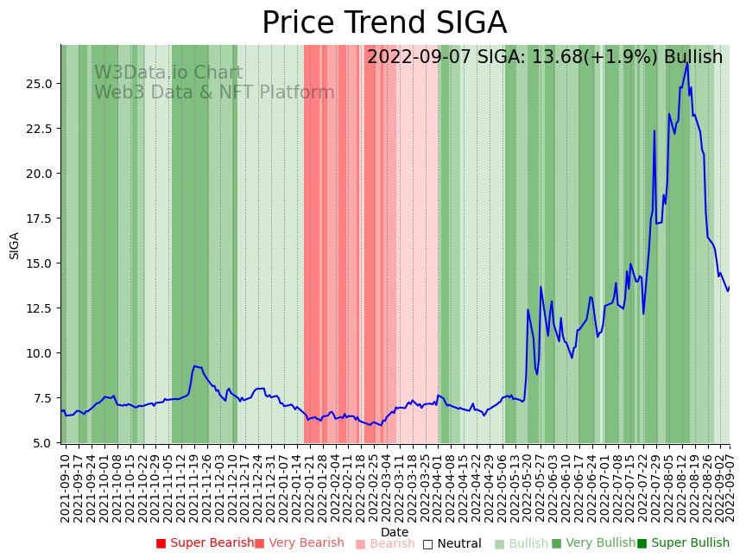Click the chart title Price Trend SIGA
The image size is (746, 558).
click(x=384, y=23)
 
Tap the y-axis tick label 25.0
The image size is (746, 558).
click(x=40, y=84)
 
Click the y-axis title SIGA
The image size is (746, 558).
click(x=15, y=244)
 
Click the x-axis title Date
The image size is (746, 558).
click(x=395, y=532)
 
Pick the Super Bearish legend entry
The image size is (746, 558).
click(x=205, y=543)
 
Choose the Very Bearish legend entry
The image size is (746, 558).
click(x=300, y=543)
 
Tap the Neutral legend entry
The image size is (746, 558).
click(x=452, y=543)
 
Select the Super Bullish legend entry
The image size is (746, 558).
click(x=683, y=543)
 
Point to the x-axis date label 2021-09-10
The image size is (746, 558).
click(x=65, y=484)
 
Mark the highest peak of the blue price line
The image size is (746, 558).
click(x=687, y=62)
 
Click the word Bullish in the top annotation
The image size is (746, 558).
click(x=693, y=57)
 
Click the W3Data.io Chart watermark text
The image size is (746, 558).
click(x=168, y=73)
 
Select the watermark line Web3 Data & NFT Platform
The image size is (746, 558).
click(x=214, y=92)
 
